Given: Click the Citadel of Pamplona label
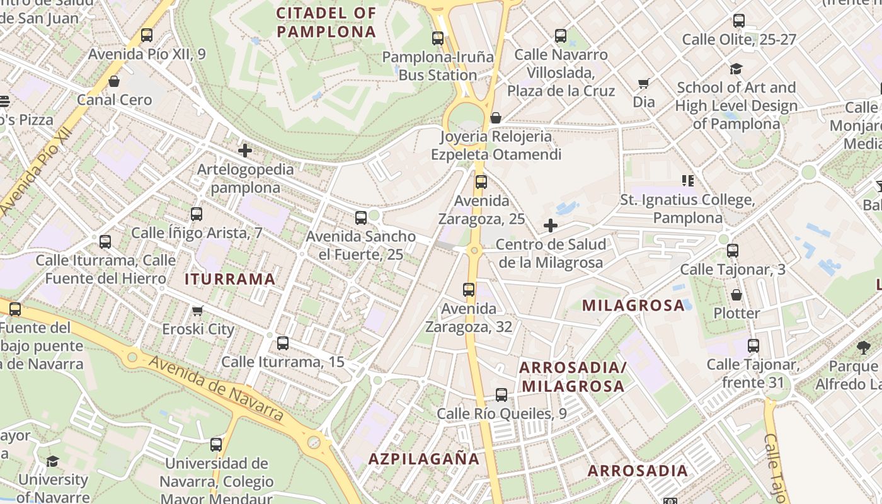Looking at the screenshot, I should coord(326,22).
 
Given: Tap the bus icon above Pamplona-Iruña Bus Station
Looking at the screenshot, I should coord(438,38).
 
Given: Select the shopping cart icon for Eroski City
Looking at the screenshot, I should coord(197,311).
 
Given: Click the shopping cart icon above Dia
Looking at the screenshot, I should coord(644,83).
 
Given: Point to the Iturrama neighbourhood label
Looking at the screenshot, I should coord(230,279).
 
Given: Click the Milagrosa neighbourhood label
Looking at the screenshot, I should coord(633,306).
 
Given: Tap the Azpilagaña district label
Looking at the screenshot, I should coord(424,459).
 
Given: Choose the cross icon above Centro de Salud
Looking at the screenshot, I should coord(551,226).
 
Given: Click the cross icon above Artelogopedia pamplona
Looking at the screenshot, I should coord(245,151).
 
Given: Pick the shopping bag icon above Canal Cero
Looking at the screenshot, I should coord(114,81).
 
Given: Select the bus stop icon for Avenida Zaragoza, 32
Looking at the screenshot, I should coord(469,290).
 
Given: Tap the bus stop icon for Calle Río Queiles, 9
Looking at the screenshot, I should coord(501,395).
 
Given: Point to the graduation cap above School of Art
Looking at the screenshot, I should coord(736,69).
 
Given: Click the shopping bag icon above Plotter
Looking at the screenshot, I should coord(736,294).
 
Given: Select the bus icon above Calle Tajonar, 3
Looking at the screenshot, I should coord(732,251).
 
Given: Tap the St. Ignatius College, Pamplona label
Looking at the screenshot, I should coord(687,209).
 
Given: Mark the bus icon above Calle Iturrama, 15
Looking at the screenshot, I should coord(283,343).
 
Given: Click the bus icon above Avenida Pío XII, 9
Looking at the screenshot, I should coord(147,35).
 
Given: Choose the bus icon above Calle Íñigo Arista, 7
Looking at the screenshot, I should coord(197,214).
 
